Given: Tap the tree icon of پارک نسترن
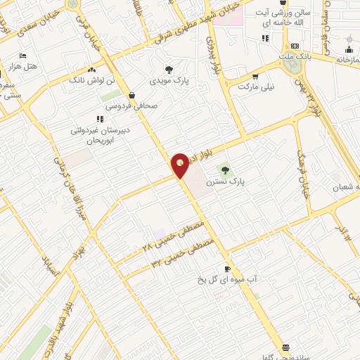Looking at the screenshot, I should click(225, 169).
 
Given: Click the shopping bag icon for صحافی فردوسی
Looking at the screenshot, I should click(132, 96).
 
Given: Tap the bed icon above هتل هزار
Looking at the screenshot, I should click(22, 56).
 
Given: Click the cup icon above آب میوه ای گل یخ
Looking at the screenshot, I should click(226, 269).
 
